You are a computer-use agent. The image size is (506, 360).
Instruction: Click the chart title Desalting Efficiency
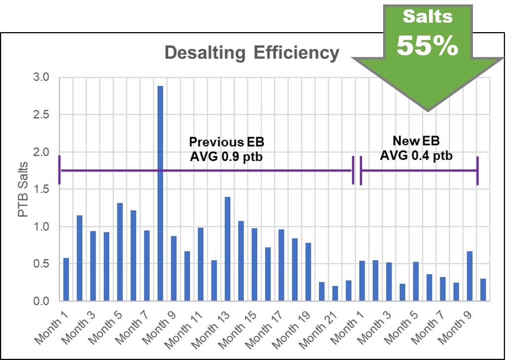tap(251, 53)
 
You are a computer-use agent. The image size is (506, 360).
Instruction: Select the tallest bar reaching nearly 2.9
tap(160, 193)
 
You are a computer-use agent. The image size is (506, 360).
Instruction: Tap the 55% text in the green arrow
tap(428, 45)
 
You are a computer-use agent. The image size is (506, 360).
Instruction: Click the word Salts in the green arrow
tap(428, 16)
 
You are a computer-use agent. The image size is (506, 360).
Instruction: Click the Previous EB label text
tap(227, 142)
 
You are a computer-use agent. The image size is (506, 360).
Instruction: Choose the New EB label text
tap(416, 141)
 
